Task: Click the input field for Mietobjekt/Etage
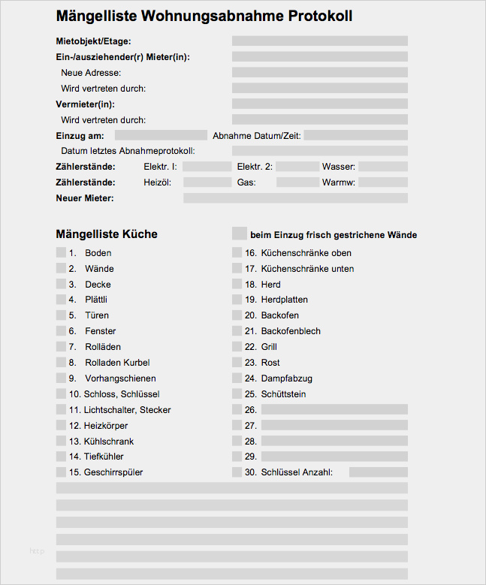click(319, 41)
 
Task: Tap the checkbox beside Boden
click(61, 253)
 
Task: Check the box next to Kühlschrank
click(61, 441)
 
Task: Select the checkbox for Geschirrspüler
click(61, 472)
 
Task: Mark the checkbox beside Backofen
click(238, 315)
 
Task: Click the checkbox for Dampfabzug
click(238, 378)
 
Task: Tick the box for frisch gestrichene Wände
click(240, 234)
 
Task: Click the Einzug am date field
click(160, 135)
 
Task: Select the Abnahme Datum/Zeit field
click(355, 135)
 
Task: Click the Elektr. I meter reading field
click(207, 167)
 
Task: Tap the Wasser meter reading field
click(382, 167)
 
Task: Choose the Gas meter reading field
click(297, 182)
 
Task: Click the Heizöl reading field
click(207, 182)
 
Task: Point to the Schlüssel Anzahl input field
click(378, 472)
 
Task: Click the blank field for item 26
click(334, 409)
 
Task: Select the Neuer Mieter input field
click(295, 198)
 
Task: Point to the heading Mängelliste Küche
click(107, 234)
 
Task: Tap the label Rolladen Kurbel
click(117, 363)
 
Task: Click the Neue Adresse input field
click(319, 73)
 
